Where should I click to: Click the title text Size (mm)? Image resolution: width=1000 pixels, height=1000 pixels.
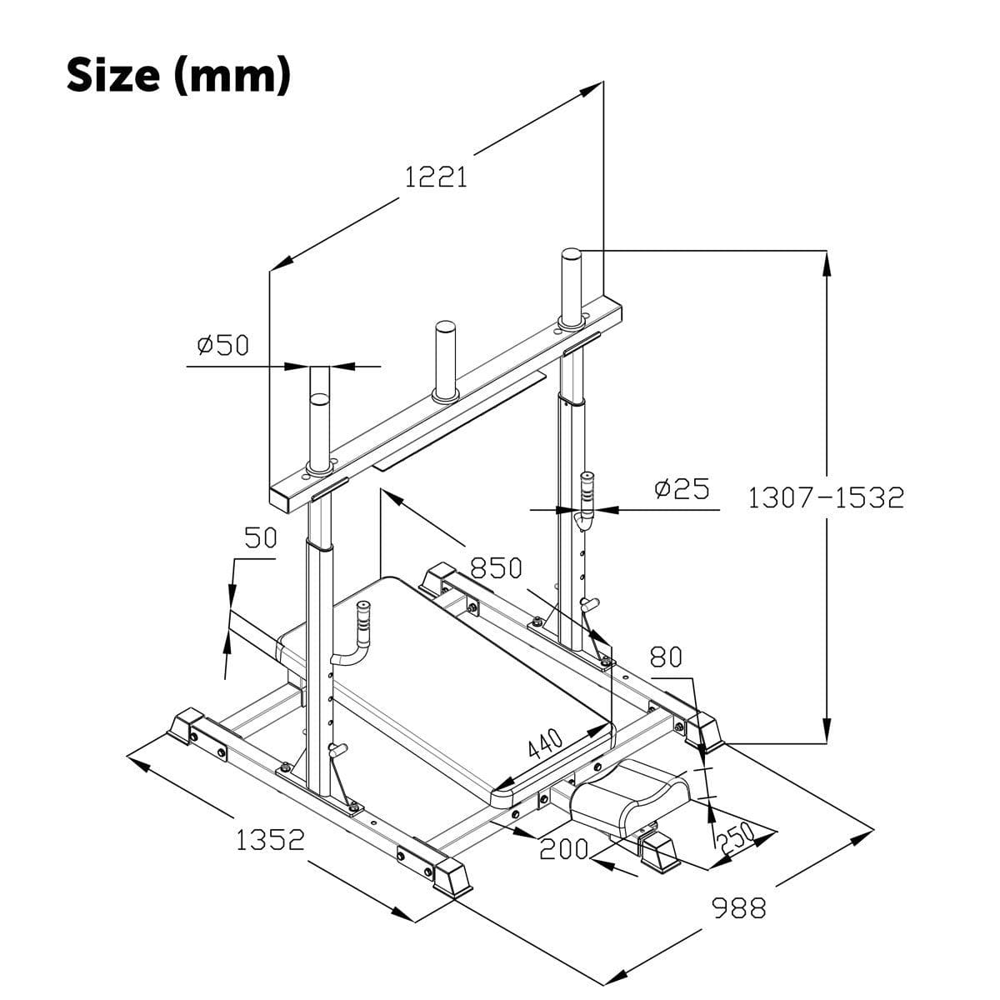pyautogui.click(x=178, y=75)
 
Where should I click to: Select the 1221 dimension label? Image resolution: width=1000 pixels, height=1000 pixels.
pyautogui.click(x=435, y=177)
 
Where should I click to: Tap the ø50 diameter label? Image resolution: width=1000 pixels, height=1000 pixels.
pyautogui.click(x=222, y=345)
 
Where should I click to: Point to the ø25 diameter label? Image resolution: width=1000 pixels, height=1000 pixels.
pyautogui.click(x=682, y=489)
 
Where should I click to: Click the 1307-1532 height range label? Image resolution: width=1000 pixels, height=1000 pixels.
pyautogui.click(x=825, y=498)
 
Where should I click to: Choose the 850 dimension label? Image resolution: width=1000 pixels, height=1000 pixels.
pyautogui.click(x=496, y=568)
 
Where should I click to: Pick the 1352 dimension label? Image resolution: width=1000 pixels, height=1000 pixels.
pyautogui.click(x=270, y=840)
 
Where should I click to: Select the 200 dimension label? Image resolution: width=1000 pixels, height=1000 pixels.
pyautogui.click(x=564, y=850)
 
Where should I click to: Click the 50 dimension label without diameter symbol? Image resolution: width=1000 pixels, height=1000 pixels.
pyautogui.click(x=260, y=538)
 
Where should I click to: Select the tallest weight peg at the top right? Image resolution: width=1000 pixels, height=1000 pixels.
pyautogui.click(x=571, y=285)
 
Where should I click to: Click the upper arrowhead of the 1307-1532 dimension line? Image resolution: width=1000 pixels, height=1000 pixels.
pyautogui.click(x=826, y=265)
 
